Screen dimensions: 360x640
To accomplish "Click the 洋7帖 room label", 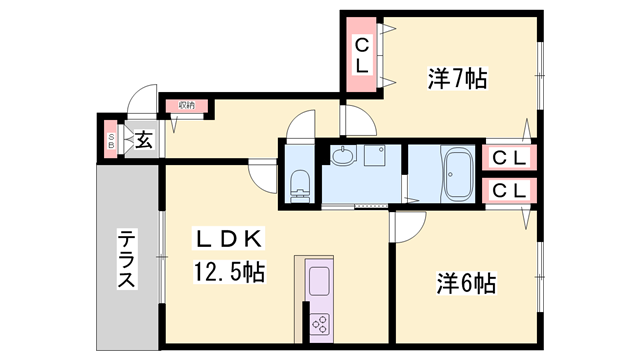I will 458,77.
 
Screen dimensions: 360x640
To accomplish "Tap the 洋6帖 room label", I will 466,283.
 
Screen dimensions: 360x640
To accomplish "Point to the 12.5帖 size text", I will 228,272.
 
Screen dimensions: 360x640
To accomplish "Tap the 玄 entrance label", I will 143,139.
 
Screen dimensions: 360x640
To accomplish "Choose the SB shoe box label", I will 111,140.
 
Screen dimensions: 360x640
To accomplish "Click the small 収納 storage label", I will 187,105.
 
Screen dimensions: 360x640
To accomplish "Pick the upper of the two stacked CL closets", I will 508,157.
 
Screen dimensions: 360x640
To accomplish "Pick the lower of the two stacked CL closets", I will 508,190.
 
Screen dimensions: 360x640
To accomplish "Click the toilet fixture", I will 299,182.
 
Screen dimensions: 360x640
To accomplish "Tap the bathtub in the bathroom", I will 458,175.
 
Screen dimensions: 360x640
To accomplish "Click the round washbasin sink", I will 343,156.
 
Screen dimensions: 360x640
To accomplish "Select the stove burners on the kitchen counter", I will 320,323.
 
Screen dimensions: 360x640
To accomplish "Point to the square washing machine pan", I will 377,155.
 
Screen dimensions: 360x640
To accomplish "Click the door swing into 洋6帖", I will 404,225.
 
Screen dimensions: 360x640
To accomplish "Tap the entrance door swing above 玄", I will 143,104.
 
